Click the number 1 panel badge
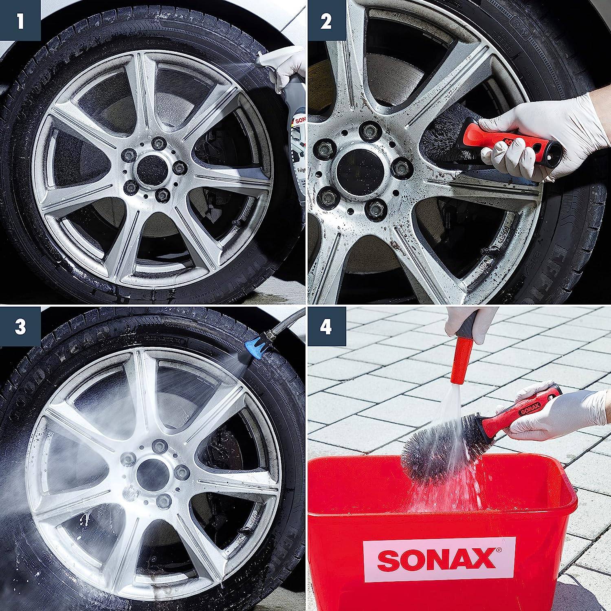20,20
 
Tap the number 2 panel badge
326,20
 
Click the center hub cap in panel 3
149,473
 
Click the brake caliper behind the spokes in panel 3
228,448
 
